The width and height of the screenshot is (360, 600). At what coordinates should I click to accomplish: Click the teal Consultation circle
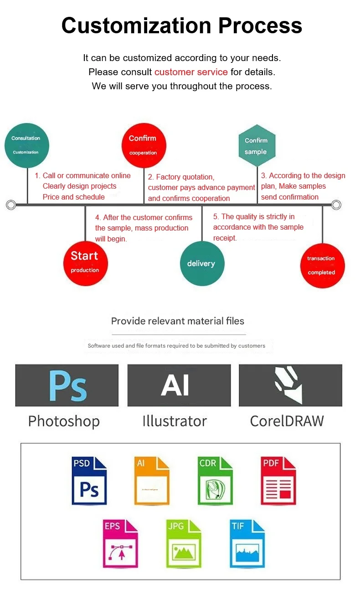(26, 145)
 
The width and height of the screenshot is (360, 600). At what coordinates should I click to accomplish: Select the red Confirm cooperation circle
(144, 145)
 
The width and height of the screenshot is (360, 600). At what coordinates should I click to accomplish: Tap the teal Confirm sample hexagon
(257, 146)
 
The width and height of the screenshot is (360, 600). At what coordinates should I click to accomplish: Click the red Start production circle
(86, 263)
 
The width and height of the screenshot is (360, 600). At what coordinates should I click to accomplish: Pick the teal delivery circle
(202, 263)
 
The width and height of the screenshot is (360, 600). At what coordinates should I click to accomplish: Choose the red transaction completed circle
(322, 266)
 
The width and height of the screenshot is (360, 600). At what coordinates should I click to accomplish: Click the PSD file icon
(89, 481)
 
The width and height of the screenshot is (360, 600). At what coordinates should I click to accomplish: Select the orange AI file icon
(152, 481)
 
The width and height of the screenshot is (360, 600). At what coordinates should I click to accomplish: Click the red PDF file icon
(278, 481)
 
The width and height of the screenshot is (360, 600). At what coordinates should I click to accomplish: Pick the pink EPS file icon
(120, 544)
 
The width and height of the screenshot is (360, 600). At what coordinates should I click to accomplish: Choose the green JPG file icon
(184, 544)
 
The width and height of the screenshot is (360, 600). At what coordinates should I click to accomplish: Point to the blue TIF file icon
(247, 544)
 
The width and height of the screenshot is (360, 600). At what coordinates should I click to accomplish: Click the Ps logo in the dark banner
(67, 385)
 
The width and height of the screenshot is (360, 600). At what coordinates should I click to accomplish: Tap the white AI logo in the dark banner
(175, 385)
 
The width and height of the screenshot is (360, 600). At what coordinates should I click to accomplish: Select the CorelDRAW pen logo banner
(290, 385)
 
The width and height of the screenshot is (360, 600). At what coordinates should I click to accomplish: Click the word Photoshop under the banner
(64, 421)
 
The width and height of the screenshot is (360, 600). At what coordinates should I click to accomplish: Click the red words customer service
(191, 72)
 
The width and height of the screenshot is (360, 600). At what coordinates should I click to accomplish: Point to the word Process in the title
(260, 26)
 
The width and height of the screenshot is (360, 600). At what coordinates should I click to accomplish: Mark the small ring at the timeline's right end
(336, 205)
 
